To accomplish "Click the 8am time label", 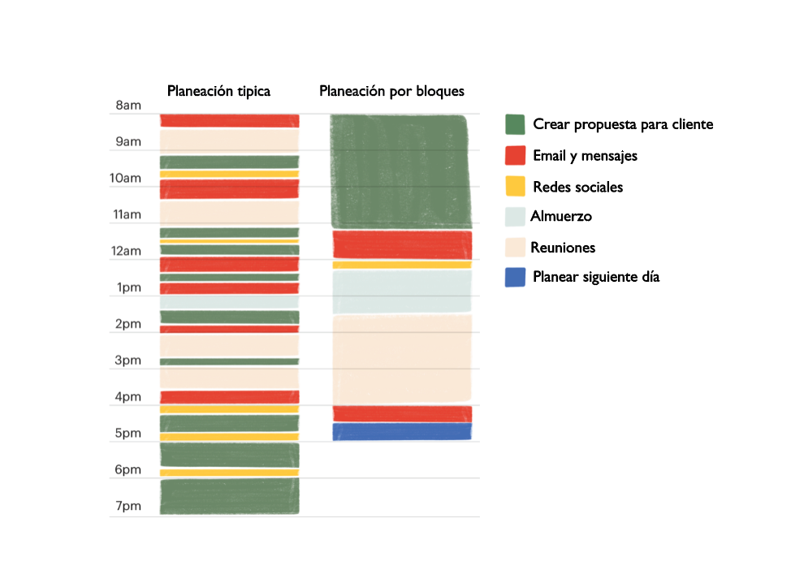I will pos(128,106).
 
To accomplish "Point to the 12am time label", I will pos(127,252).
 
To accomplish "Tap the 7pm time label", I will pos(128,507).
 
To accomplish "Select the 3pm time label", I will pos(128,361).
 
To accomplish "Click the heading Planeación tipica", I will pos(218,91).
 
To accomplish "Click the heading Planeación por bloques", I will pos(391,91).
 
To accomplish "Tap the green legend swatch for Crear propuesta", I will pos(515,124).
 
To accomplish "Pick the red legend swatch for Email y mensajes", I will pos(515,155).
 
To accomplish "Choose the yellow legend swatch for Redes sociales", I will pos(515,187).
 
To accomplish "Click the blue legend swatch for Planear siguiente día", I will pos(515,277).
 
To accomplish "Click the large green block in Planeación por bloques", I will pos(400,171).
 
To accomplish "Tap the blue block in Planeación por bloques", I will pos(402,431).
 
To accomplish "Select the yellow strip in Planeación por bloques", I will pos(402,265).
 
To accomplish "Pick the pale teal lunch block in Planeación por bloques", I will pos(402,291).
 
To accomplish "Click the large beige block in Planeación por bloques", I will pos(402,359).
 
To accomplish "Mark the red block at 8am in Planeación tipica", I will pos(229,120).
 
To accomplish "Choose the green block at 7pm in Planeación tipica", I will pos(229,496).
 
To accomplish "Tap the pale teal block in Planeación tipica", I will pos(229,302).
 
